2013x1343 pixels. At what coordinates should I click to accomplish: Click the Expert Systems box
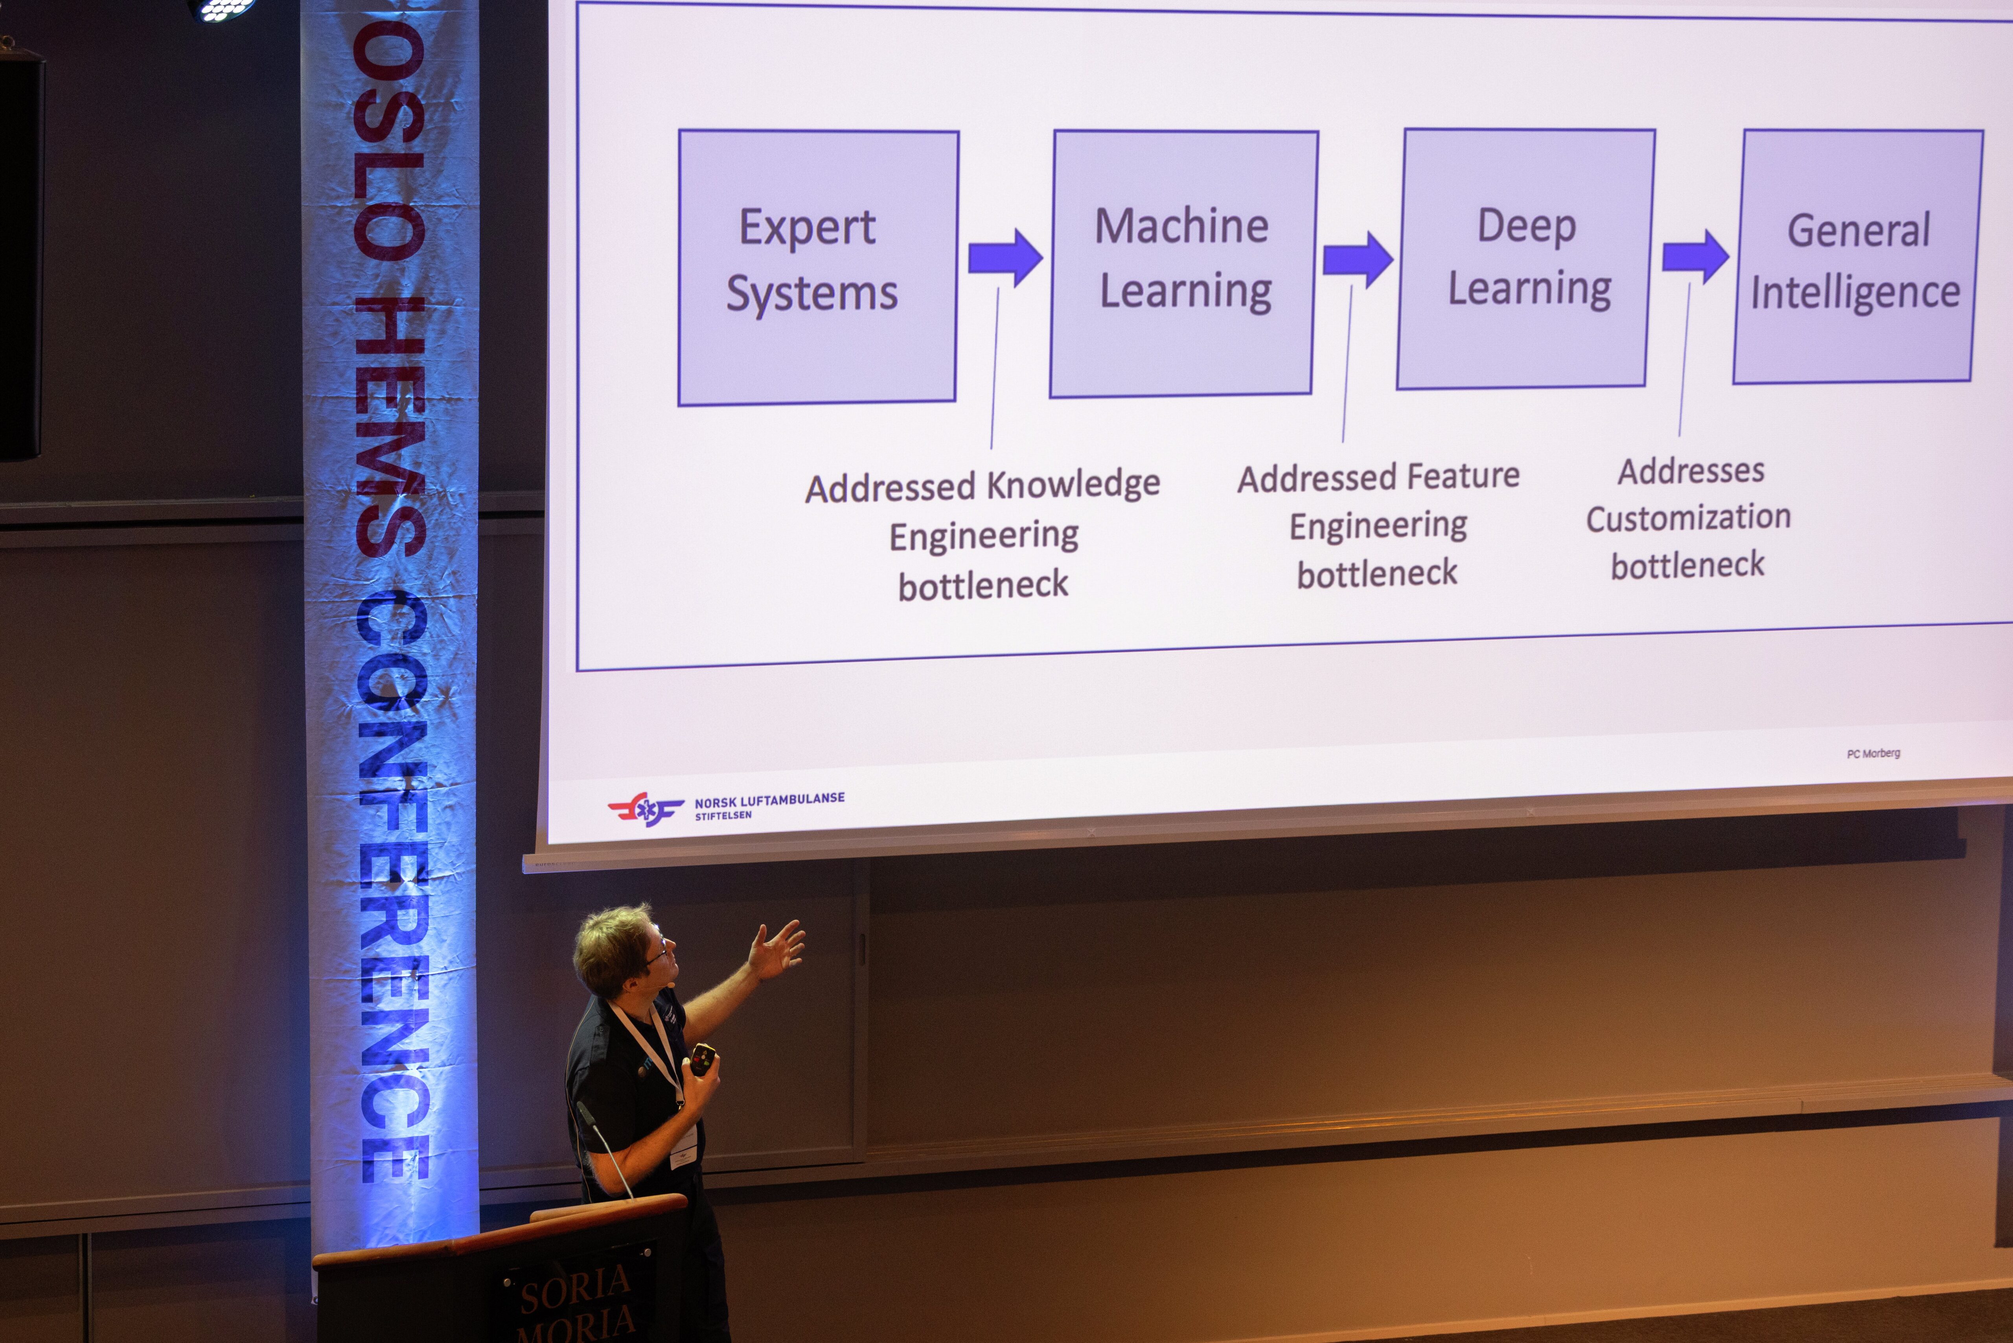click(x=818, y=267)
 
